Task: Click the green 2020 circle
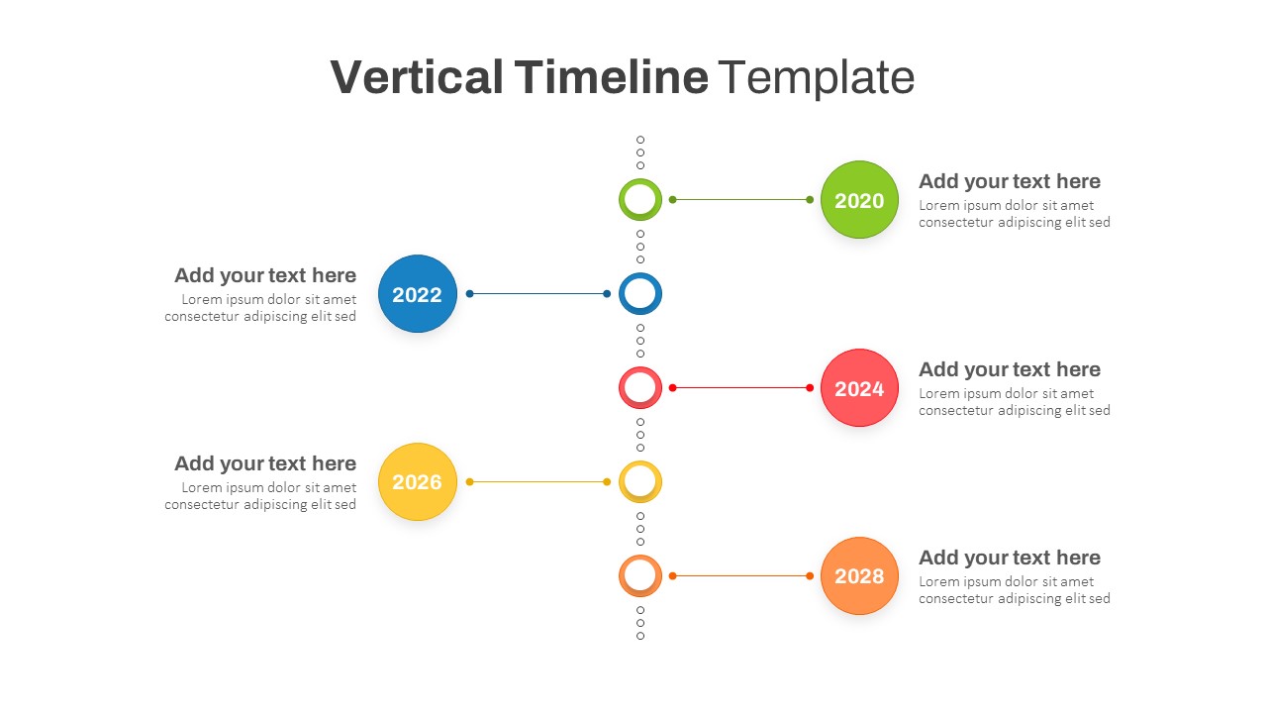pos(859,200)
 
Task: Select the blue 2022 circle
pos(417,294)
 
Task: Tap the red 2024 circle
pos(859,388)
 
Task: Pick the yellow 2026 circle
pos(417,482)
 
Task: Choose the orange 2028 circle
pos(859,576)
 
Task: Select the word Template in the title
pos(817,77)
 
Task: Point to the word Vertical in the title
pos(416,77)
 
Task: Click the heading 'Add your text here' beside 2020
pos(1009,181)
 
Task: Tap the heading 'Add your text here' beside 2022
pos(265,275)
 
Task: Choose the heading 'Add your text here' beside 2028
pos(1009,558)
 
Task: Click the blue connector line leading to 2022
pos(538,294)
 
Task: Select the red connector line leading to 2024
pos(740,388)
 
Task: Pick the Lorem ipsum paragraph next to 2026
pos(260,496)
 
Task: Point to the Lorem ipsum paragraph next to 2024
pos(1014,402)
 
